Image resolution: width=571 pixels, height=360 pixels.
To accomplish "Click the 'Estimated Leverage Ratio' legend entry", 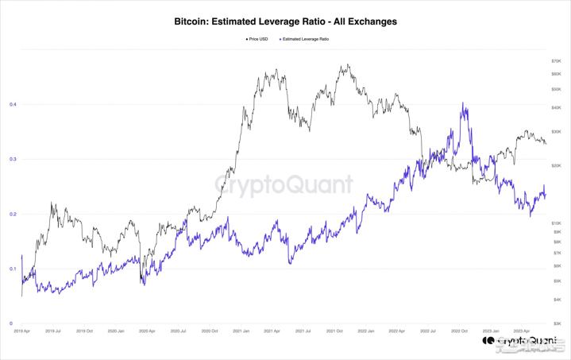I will pyautogui.click(x=306, y=38).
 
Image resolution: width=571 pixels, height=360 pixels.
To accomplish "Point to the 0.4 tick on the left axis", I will pyautogui.click(x=12, y=104).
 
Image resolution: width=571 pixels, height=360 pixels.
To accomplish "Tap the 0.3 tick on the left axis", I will pyautogui.click(x=12, y=159).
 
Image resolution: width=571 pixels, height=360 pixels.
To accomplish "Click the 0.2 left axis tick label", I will pyautogui.click(x=12, y=214).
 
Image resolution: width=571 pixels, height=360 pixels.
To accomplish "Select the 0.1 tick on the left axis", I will pyautogui.click(x=12, y=269).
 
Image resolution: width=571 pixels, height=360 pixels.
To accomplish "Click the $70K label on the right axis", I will pyautogui.click(x=556, y=61).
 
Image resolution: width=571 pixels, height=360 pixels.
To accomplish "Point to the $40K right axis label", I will pyautogui.click(x=556, y=107).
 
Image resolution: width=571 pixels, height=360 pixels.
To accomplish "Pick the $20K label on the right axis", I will pyautogui.click(x=556, y=165).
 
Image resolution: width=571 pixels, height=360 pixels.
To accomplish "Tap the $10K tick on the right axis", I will pyautogui.click(x=556, y=223).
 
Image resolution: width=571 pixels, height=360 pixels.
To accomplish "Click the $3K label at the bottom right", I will pyautogui.click(x=557, y=324).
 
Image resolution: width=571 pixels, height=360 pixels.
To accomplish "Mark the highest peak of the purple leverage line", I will pyautogui.click(x=463, y=103).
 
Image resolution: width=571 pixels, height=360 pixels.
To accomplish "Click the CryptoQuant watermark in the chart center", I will pyautogui.click(x=284, y=185).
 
